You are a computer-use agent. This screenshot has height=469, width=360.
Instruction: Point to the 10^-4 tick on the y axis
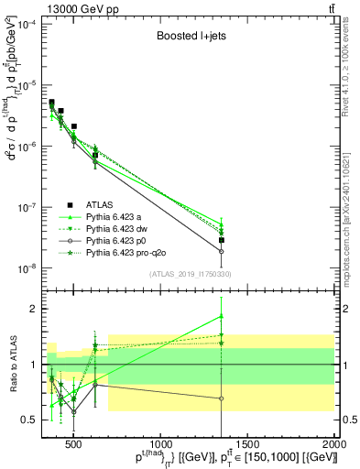tap(27, 24)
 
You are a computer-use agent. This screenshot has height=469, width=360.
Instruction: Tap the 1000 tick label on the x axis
tap(160, 446)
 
